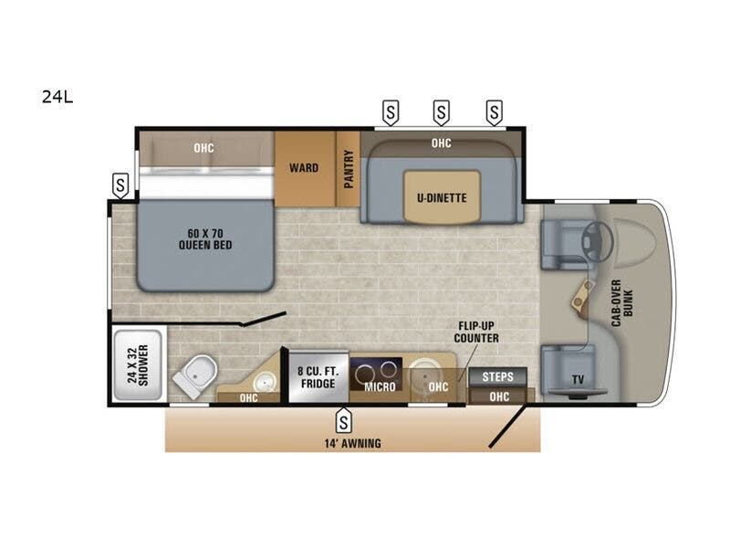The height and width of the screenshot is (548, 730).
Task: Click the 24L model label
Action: click(57, 95)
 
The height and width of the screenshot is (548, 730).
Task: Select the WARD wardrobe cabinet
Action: click(304, 168)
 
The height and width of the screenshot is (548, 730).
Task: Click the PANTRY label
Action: click(349, 169)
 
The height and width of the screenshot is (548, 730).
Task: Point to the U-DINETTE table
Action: click(442, 195)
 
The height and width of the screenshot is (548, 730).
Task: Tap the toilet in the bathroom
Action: click(196, 374)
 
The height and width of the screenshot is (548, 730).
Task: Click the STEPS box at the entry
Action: click(497, 376)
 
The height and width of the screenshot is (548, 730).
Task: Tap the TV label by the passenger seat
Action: click(577, 379)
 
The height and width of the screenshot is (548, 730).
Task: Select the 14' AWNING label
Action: click(351, 443)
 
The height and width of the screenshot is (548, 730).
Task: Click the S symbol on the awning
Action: click(343, 421)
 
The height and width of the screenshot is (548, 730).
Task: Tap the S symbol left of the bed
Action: click(120, 185)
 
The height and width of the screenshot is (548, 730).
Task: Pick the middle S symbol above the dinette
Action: click(442, 113)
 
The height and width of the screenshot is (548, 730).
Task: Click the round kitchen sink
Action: click(423, 373)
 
